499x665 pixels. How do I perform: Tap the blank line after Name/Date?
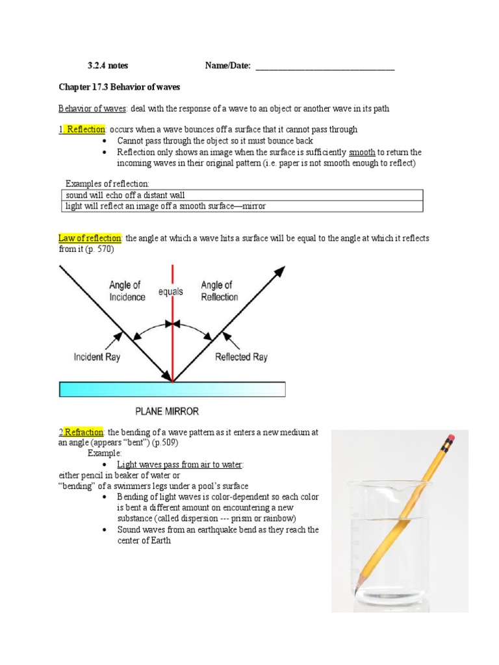click(325, 66)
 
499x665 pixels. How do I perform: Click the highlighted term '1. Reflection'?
click(82, 129)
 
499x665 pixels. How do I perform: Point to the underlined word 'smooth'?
click(362, 152)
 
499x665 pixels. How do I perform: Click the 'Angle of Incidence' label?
click(125, 291)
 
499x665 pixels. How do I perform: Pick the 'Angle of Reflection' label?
click(219, 291)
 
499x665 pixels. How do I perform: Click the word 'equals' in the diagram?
click(172, 292)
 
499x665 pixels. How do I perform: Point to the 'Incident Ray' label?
click(97, 357)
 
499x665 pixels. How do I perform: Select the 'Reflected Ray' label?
click(241, 357)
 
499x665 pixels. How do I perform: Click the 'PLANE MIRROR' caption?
click(167, 411)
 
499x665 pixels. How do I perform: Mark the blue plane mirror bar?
click(172, 389)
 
